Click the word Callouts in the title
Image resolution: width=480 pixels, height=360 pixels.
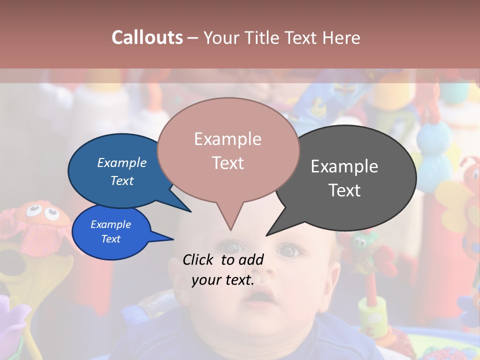(x=147, y=37)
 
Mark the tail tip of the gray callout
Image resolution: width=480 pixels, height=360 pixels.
(x=267, y=234)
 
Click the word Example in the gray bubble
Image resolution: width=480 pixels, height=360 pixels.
(x=344, y=166)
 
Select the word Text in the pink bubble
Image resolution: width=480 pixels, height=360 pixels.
(x=228, y=163)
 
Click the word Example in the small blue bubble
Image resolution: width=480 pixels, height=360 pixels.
(x=111, y=224)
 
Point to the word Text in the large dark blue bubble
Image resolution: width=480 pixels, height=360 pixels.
(x=122, y=180)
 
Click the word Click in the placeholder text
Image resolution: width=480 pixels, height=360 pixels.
(x=199, y=259)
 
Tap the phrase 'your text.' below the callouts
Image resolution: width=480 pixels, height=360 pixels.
(x=223, y=280)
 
